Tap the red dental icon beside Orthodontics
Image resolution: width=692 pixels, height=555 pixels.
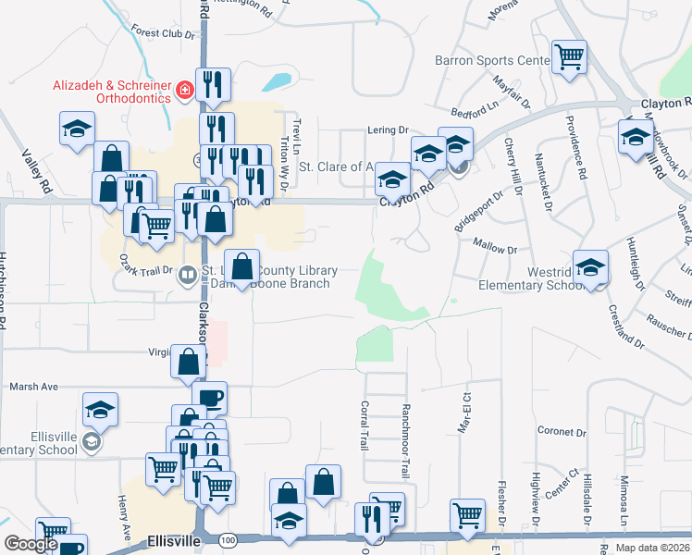tap(185, 90)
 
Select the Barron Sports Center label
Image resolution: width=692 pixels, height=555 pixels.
tap(492, 61)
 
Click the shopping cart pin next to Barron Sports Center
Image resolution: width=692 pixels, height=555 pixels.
tap(569, 56)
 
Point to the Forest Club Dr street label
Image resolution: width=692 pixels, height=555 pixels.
tap(165, 34)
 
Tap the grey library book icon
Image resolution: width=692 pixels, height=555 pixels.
tap(187, 274)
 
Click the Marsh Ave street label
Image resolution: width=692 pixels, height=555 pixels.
tap(33, 387)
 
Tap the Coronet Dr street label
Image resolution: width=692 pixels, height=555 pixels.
tap(562, 432)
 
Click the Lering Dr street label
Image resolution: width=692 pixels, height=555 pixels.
tap(388, 130)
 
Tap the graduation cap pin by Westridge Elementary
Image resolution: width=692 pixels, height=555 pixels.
tap(590, 267)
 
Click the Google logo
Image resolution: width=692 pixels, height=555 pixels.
tap(31, 544)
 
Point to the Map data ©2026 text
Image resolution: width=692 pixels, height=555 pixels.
tap(652, 548)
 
